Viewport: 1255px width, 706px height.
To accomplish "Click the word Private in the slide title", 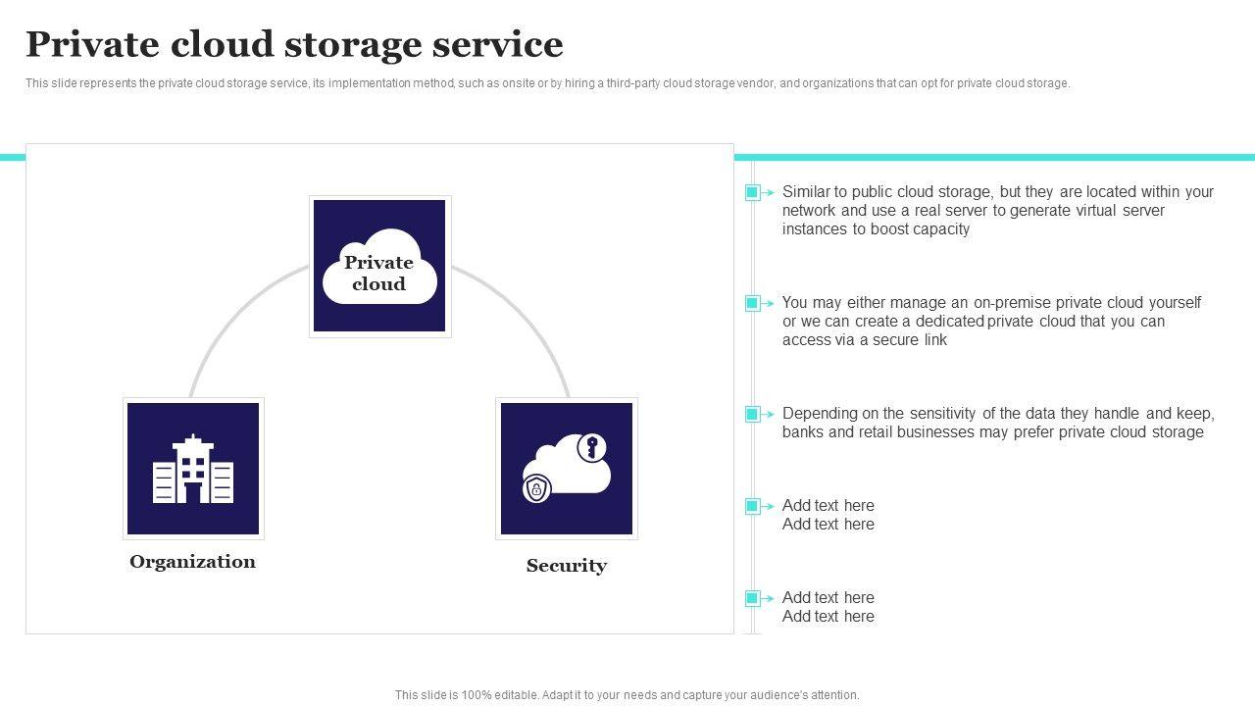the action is (92, 44).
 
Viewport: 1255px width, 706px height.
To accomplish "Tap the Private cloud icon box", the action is (379, 266).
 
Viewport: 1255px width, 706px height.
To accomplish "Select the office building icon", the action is (193, 469).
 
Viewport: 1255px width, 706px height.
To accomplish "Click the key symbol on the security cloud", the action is (591, 448).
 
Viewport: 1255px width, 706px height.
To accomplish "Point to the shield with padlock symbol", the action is (536, 488).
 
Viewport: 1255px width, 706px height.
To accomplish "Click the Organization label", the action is (193, 562).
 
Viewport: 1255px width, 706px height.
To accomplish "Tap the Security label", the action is (567, 566).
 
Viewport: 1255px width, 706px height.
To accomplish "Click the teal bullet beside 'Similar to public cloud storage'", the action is (752, 193).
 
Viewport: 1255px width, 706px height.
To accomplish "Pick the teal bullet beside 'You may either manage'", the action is (752, 303).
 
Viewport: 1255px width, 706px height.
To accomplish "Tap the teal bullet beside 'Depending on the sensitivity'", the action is (752, 414).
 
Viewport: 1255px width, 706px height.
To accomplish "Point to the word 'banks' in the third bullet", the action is (803, 432).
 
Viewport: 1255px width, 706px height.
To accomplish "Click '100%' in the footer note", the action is (477, 695).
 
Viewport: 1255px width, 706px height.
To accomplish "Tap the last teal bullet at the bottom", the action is (752, 598).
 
